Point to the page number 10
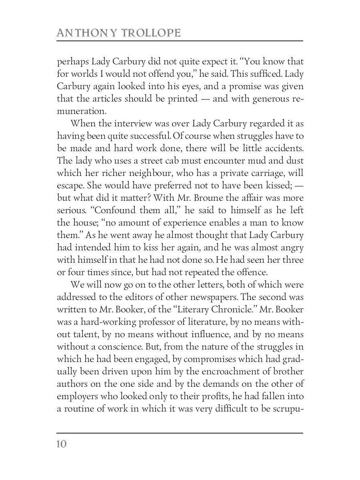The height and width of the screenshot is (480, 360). (62, 444)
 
